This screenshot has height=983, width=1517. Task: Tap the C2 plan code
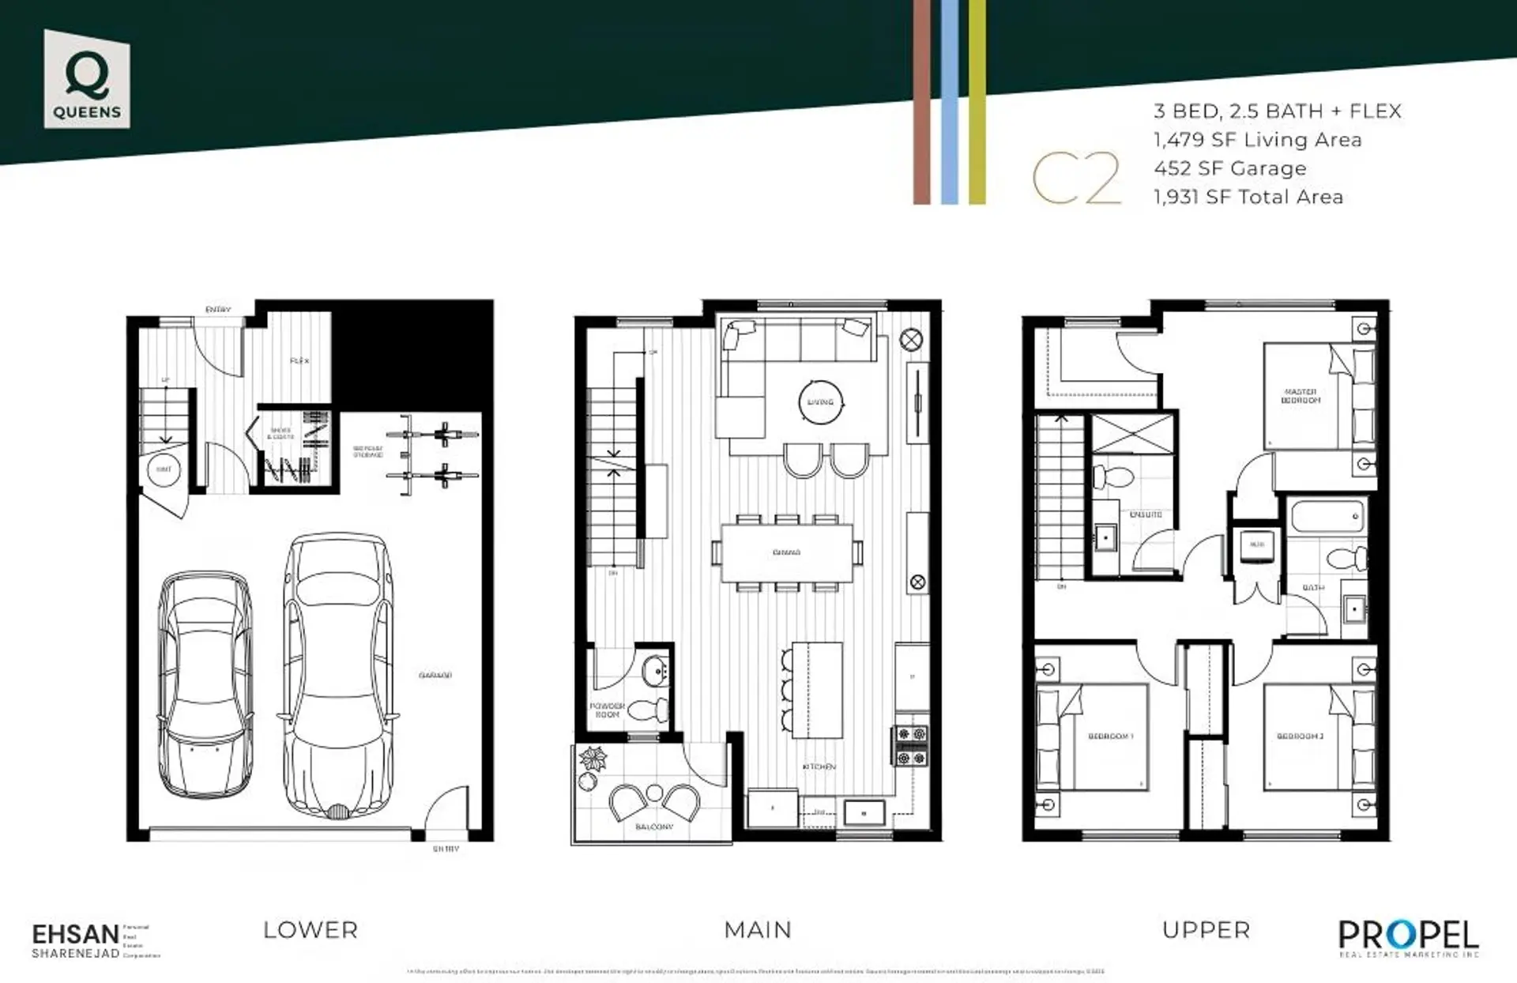pos(1076,179)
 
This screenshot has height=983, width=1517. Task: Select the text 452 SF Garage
pos(1229,168)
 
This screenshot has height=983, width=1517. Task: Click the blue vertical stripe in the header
pos(949,103)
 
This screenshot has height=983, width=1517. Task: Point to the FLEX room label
pos(299,361)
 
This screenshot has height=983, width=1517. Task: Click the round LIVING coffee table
pos(820,402)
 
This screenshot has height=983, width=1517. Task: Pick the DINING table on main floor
pos(786,552)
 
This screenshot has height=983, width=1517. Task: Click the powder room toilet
pos(652,710)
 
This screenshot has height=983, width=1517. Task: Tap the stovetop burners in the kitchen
pos(910,746)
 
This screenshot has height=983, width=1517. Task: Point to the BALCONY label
pos(654,827)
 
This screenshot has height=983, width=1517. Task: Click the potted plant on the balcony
pos(592,760)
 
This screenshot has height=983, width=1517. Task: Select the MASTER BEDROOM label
pos(1301,396)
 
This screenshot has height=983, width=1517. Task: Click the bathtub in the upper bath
pos(1328,518)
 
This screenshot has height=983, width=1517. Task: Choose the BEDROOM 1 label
pos(1110,736)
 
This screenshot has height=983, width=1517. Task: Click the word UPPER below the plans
pos(1206,930)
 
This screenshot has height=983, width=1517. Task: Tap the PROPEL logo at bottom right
pos(1408,936)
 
